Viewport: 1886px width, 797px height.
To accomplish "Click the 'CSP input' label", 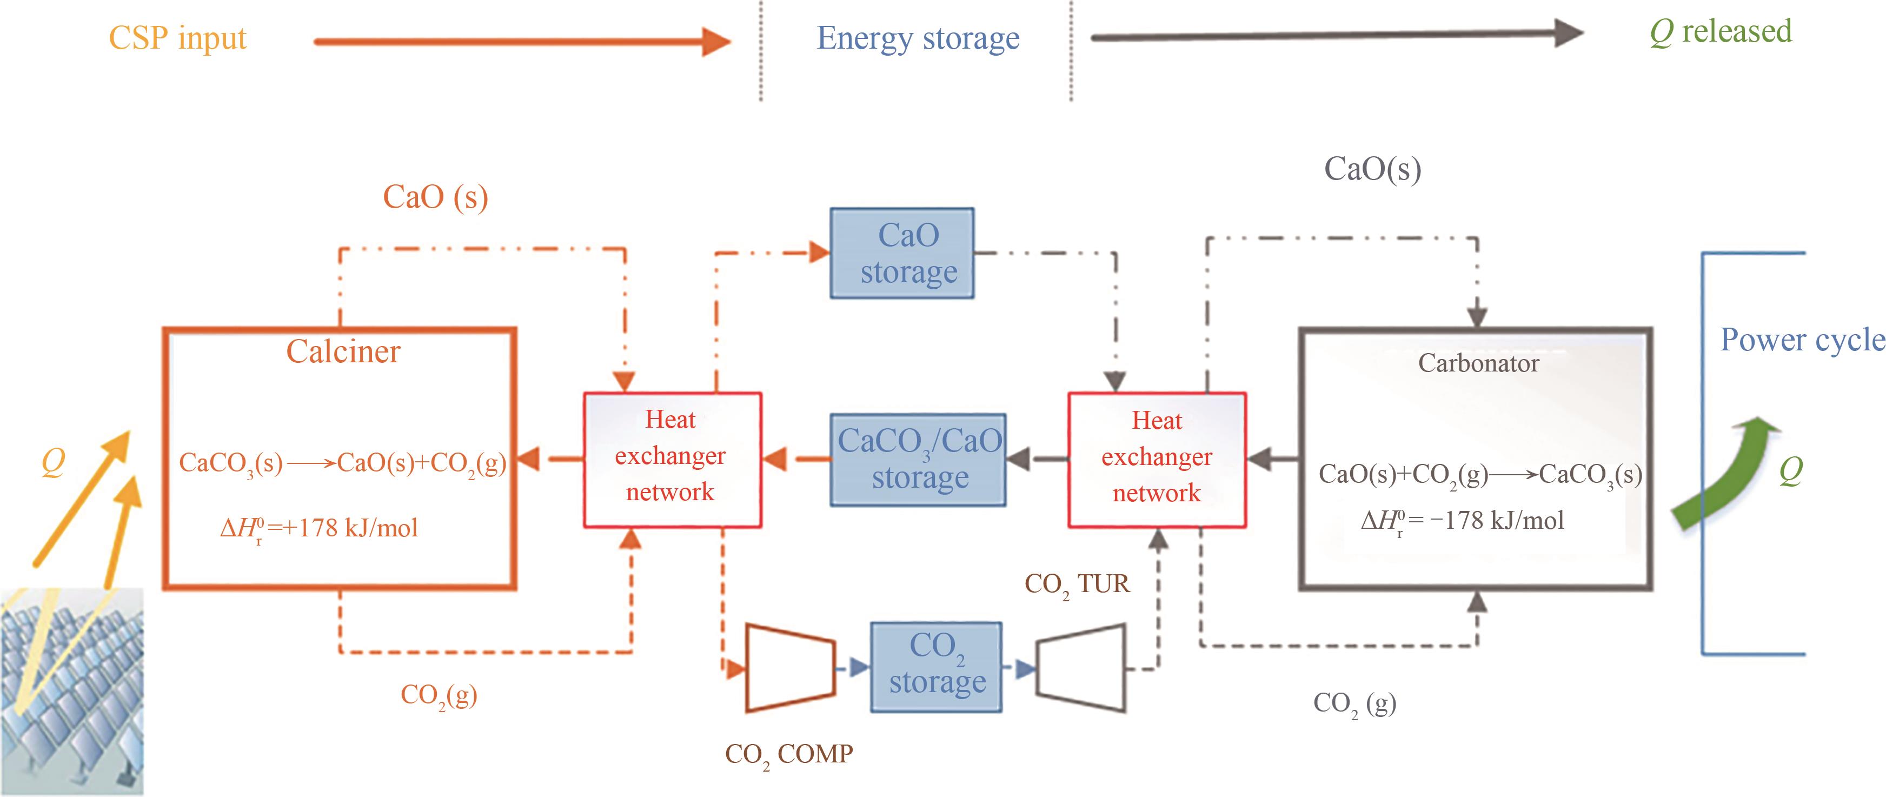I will click(177, 38).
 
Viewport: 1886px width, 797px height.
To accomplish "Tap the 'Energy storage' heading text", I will click(918, 38).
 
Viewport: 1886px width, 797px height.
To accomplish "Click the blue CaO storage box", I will click(902, 253).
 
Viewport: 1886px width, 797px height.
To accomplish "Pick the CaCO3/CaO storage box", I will click(918, 460).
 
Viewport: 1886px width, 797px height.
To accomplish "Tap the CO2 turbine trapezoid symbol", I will click(1081, 667).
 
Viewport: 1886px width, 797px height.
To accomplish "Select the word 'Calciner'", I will click(343, 352).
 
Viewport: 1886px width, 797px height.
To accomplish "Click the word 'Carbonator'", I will click(1478, 363).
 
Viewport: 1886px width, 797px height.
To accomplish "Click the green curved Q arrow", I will click(1728, 472).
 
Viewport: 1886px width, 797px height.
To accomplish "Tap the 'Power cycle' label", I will click(1801, 340).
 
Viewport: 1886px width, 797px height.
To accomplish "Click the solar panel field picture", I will click(72, 691).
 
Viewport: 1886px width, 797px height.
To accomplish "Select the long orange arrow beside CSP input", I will click(521, 42).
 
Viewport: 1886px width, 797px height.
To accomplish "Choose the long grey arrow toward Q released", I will click(1336, 35).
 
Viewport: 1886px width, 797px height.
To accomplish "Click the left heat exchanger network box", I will click(672, 460).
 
